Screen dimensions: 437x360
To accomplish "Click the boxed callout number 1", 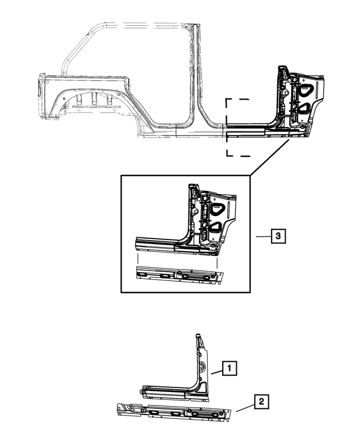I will point(229,368).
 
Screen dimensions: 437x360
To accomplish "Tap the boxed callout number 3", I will point(278,237).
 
